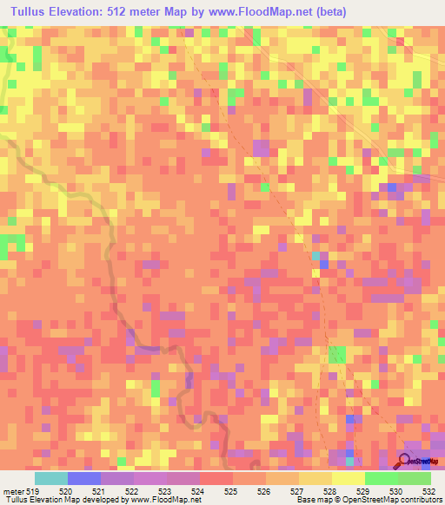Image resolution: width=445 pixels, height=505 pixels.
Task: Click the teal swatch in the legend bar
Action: point(50,479)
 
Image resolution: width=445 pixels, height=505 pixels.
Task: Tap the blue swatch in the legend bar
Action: point(83,479)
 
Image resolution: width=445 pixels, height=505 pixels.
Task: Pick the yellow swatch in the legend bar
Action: point(348,479)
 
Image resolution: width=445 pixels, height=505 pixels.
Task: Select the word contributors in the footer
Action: point(416,499)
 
